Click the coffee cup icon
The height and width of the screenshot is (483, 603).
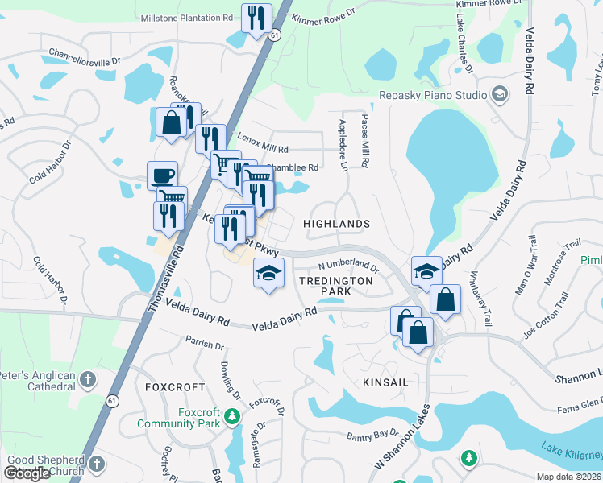[162, 175]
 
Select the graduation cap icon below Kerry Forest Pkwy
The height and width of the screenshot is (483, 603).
[268, 273]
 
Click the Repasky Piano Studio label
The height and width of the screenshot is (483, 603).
[433, 95]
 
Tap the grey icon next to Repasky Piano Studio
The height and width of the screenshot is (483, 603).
[500, 95]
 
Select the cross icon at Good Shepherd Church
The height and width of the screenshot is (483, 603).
[96, 464]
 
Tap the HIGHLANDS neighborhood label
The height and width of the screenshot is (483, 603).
[336, 224]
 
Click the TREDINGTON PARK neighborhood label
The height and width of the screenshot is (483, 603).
[335, 287]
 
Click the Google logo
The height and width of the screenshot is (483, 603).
[27, 473]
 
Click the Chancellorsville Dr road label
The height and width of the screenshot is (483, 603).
[84, 60]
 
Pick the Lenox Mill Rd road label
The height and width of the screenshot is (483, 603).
[263, 147]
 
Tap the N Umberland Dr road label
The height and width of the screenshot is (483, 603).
[347, 265]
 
